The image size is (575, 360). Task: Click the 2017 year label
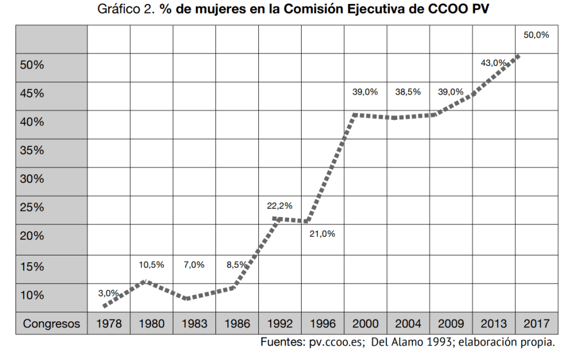537,324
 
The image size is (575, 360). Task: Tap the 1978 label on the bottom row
109,324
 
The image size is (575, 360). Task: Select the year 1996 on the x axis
322,324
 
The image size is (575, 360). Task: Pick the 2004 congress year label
408,324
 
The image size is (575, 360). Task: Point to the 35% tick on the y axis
32,150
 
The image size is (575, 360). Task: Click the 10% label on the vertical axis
32,295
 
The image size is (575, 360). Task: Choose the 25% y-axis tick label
32,208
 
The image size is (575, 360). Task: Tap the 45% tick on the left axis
32,93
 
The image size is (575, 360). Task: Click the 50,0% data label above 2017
536,35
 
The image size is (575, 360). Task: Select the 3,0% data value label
109,292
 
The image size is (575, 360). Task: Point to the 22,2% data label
280,206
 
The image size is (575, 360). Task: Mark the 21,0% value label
322,234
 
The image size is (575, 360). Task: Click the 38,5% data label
408,92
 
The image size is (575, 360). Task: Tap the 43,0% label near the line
493,63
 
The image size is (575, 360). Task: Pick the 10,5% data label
151,264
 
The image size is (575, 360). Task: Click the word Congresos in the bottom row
51,324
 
